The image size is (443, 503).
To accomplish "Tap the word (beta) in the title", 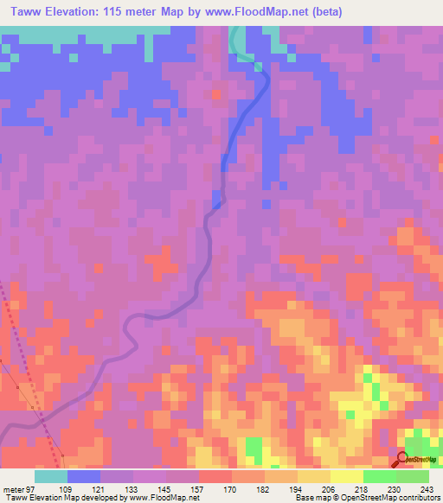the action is tap(327, 12).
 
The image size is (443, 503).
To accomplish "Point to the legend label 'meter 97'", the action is tap(17, 488).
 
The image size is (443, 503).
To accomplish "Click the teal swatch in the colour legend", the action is tap(51, 476).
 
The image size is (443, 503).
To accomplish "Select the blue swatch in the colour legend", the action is tap(84, 476).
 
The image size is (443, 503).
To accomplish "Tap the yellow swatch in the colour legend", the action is tap(346, 476).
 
